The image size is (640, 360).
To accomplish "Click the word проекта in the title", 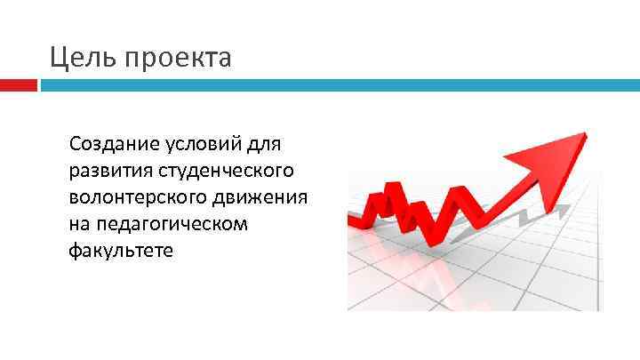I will pyautogui.click(x=179, y=60).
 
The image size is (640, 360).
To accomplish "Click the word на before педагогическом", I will pyautogui.click(x=77, y=223).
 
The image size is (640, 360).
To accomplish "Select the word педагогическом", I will pyautogui.click(x=169, y=223).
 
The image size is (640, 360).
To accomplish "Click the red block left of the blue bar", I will pyautogui.click(x=19, y=85).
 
